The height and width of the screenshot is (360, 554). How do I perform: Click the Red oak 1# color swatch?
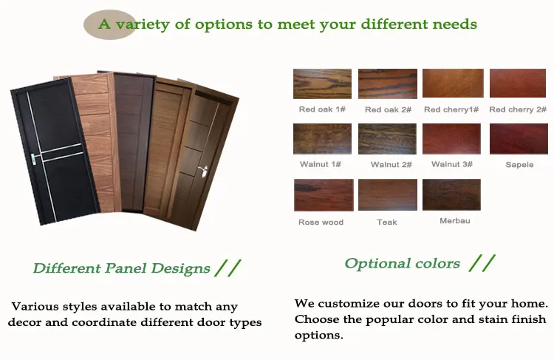click(x=322, y=84)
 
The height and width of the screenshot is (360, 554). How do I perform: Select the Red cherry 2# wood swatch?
click(x=518, y=83)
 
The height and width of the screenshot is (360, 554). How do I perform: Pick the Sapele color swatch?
click(x=519, y=139)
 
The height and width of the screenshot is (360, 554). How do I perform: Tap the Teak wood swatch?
click(x=388, y=194)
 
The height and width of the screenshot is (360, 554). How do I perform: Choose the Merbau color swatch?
click(x=451, y=194)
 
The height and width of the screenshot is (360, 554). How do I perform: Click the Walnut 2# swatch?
click(x=387, y=139)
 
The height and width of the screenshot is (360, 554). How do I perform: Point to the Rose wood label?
click(x=321, y=223)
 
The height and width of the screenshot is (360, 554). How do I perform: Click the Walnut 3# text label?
click(x=452, y=164)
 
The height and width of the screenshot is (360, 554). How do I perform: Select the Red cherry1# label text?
click(x=451, y=109)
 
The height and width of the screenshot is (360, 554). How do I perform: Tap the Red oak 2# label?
click(x=388, y=109)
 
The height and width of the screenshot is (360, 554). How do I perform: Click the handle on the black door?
click(x=33, y=159)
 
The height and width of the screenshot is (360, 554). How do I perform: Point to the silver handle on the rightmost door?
click(x=204, y=171)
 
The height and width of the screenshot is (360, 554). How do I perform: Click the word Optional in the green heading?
click(x=377, y=264)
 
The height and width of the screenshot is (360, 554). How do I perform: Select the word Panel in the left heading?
click(x=126, y=268)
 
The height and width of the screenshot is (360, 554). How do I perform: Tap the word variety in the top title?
click(x=143, y=24)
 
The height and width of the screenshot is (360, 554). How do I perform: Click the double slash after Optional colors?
click(x=482, y=263)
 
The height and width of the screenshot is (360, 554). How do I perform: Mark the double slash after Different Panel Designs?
click(x=228, y=268)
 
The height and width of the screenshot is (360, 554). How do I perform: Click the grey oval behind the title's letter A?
click(x=109, y=24)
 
